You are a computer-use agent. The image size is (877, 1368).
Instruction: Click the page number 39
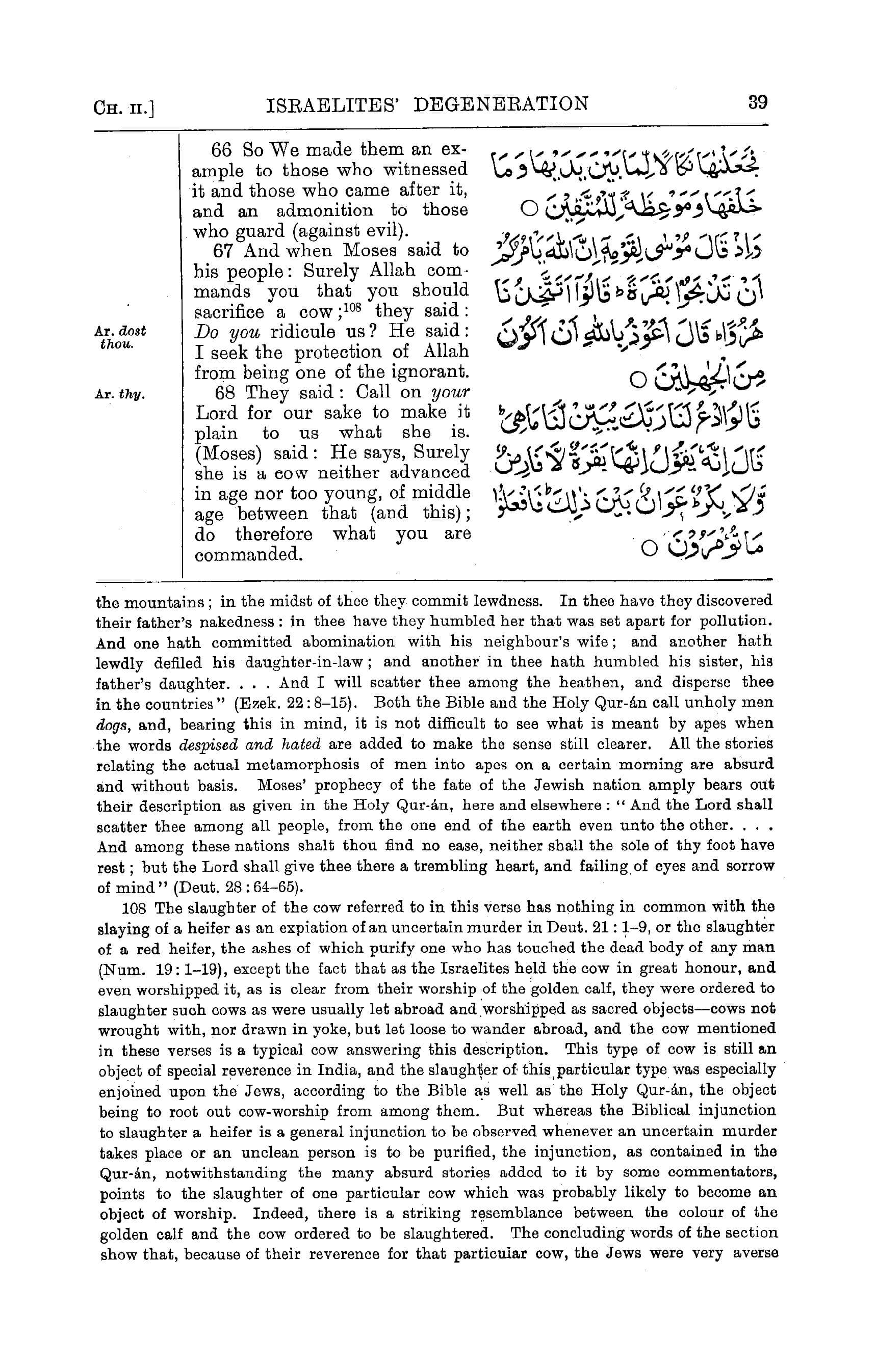[x=758, y=102]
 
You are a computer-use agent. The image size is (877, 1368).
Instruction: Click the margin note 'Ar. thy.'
[x=120, y=394]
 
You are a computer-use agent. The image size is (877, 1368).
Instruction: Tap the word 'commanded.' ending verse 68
[x=248, y=555]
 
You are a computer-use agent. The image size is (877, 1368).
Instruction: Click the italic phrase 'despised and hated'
[x=250, y=745]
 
